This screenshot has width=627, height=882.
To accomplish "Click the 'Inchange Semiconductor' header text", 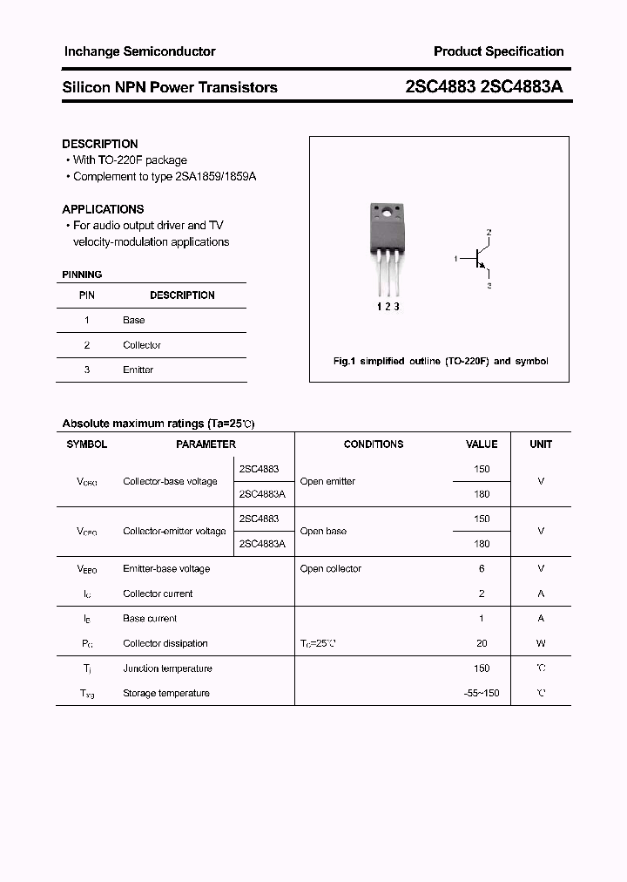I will pyautogui.click(x=139, y=51).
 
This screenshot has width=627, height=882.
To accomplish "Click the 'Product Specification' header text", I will pyautogui.click(x=498, y=51).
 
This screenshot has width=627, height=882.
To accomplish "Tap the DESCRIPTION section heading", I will pyautogui.click(x=100, y=144).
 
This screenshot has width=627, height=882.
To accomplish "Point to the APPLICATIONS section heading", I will pyautogui.click(x=103, y=209).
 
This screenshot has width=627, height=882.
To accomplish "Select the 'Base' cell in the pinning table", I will pyautogui.click(x=133, y=320).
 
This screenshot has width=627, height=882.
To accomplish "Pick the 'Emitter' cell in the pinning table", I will pyautogui.click(x=138, y=370).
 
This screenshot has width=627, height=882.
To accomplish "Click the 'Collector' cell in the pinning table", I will pyautogui.click(x=142, y=345).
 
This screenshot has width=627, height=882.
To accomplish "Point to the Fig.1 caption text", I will pyautogui.click(x=441, y=361).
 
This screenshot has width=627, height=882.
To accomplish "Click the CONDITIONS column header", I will pyautogui.click(x=374, y=444).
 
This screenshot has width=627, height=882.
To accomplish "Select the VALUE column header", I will pyautogui.click(x=482, y=444).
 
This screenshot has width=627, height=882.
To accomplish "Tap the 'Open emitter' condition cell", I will pyautogui.click(x=327, y=481).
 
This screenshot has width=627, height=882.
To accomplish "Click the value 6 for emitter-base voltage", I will pyautogui.click(x=482, y=568).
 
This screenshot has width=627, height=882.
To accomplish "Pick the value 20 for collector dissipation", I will pyautogui.click(x=482, y=643).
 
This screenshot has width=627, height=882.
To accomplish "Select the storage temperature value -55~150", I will pyautogui.click(x=482, y=694).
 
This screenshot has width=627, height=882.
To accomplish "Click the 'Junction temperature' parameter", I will pyautogui.click(x=167, y=668).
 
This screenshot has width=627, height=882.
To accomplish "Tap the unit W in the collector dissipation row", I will pyautogui.click(x=541, y=643).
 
